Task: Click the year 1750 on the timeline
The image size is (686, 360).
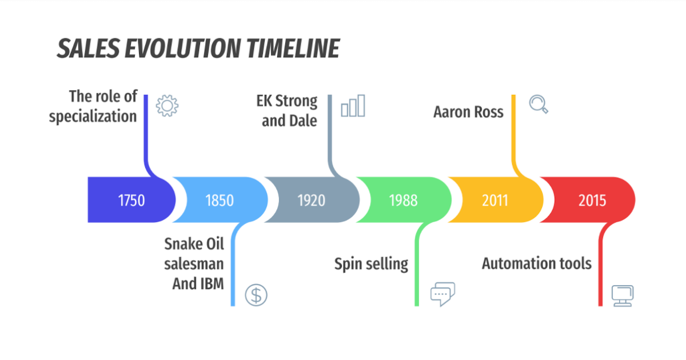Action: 131,201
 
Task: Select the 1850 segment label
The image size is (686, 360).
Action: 220,201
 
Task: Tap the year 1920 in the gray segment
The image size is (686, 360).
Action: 311,201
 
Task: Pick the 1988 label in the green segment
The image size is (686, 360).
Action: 403,201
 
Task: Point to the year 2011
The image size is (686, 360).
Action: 494,201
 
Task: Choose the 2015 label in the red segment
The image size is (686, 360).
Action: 592,201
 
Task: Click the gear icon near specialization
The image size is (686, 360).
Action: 167,106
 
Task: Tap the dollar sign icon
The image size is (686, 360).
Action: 256,294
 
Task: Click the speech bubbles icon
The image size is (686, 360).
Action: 442,294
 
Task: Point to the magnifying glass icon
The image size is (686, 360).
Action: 538,104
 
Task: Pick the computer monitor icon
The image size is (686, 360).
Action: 622,295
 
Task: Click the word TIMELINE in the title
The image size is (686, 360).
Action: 293,50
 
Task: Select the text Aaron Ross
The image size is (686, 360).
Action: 468,111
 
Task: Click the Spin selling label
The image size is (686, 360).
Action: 371,264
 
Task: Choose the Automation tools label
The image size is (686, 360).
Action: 536,264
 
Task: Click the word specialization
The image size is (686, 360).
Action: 93,117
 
